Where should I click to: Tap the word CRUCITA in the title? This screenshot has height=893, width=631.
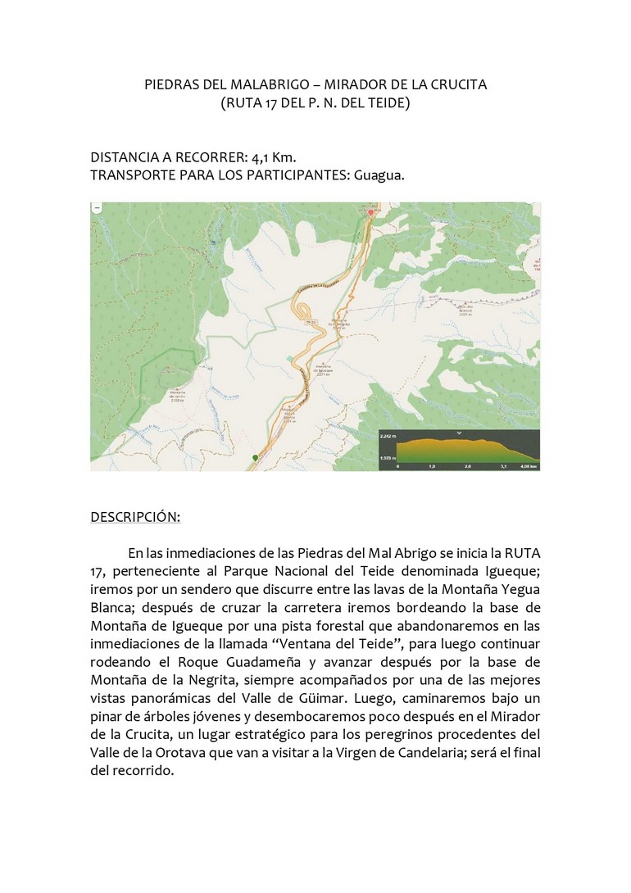[458, 84]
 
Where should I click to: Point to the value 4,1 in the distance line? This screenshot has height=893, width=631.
[266, 156]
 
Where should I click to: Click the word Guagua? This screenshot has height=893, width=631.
[379, 175]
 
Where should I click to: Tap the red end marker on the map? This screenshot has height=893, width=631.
[370, 212]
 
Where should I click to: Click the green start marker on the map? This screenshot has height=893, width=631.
[255, 457]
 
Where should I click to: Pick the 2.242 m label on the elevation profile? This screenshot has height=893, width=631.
[388, 437]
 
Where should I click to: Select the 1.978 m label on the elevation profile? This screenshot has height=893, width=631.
[388, 459]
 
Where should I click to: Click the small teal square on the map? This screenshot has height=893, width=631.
[288, 358]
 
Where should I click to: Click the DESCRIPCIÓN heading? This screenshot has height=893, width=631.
[134, 517]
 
